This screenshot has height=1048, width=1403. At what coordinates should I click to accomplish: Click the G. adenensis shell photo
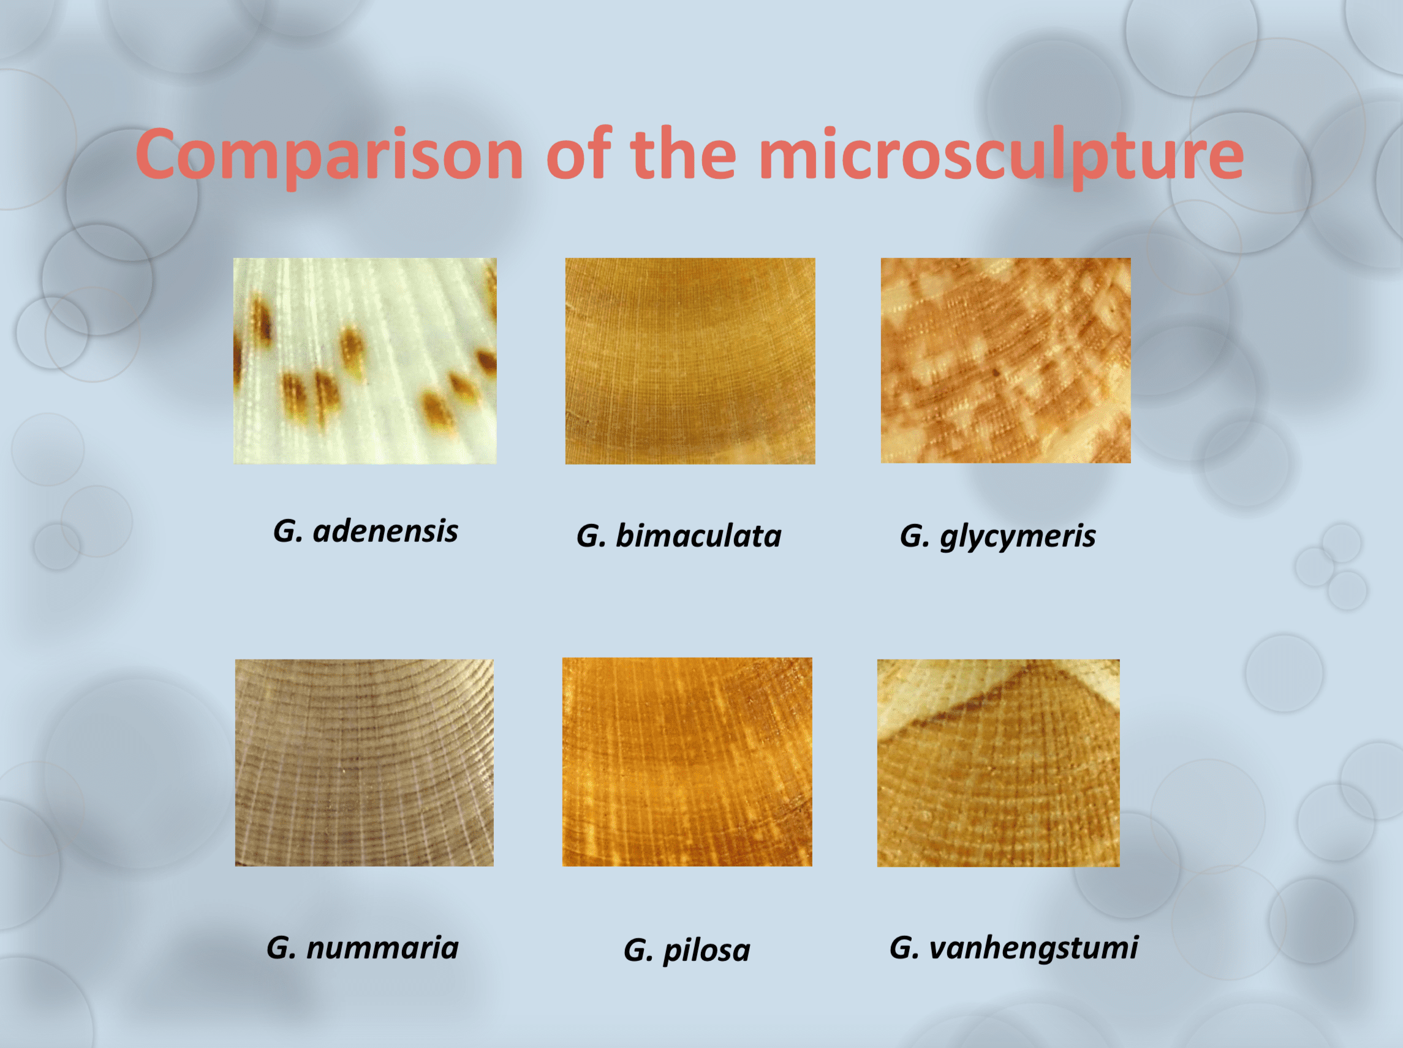point(365,360)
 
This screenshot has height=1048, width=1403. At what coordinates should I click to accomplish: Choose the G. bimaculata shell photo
point(690,360)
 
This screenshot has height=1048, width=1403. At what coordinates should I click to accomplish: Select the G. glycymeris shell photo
point(1005,360)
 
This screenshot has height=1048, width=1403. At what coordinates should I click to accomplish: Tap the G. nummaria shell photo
point(364,762)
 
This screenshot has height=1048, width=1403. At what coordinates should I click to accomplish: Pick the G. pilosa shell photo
point(687,761)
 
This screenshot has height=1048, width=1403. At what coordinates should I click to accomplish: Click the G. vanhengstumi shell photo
point(999,762)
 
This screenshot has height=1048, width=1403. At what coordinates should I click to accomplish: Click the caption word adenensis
point(385,531)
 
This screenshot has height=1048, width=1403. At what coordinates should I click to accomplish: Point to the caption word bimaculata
point(698,536)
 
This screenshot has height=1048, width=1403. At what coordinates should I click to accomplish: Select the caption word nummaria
point(382,948)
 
